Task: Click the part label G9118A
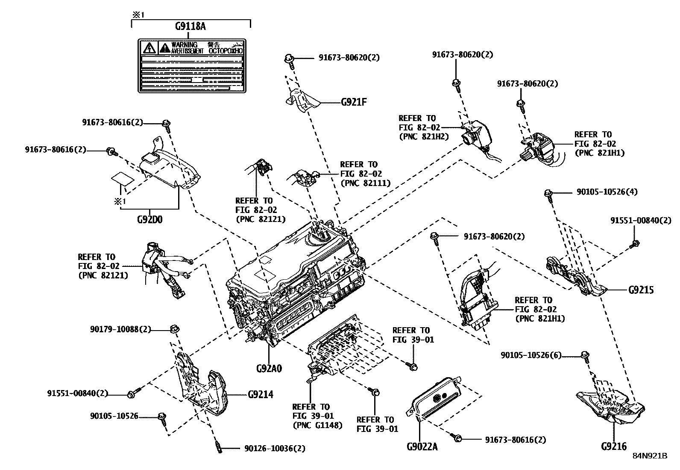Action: tap(190, 27)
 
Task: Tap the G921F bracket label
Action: tap(354, 102)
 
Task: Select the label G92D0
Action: tap(149, 220)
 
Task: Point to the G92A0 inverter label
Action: tap(269, 368)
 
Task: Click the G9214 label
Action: tap(261, 394)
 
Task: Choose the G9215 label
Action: tap(641, 290)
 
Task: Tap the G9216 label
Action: tap(614, 446)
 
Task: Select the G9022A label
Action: tap(422, 447)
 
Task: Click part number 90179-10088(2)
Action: tap(120, 329)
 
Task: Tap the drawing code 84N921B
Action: tap(650, 456)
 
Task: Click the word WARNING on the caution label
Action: tap(184, 44)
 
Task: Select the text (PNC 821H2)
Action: tap(424, 137)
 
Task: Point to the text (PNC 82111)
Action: tap(366, 183)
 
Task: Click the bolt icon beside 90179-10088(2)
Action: tap(174, 329)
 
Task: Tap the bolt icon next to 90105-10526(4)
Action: tap(548, 194)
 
